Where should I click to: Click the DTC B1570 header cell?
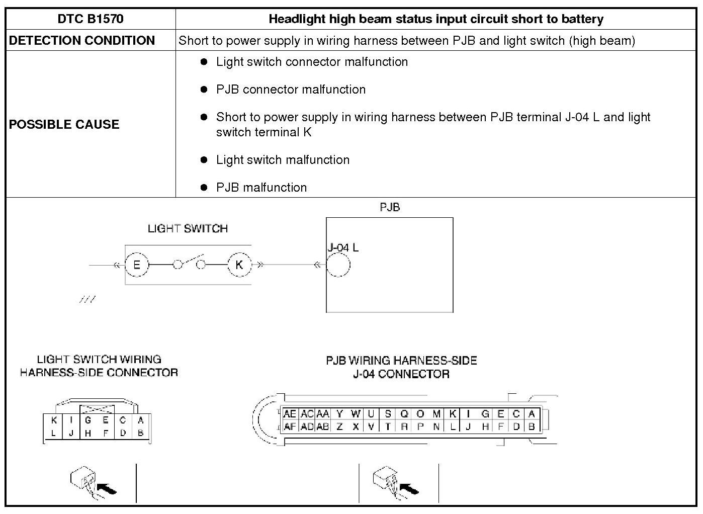point(91,20)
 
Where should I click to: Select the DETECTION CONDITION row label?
point(82,41)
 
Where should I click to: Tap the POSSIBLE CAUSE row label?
point(64,124)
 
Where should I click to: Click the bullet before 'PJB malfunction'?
point(204,188)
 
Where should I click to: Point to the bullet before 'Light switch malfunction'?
point(204,160)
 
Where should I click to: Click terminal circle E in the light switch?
point(137,265)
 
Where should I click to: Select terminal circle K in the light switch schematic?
point(239,265)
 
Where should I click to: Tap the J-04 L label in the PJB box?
point(343,247)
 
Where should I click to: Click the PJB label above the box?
point(390,207)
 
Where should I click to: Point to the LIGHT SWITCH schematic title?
point(188,229)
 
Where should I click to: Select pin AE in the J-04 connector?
point(290,414)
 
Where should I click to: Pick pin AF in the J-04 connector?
point(290,427)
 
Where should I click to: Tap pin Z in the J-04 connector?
point(339,427)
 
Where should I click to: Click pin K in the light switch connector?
point(54,420)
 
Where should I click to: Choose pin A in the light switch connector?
point(141,420)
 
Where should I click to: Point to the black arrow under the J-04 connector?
point(409,488)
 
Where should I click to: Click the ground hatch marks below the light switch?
point(87,300)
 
